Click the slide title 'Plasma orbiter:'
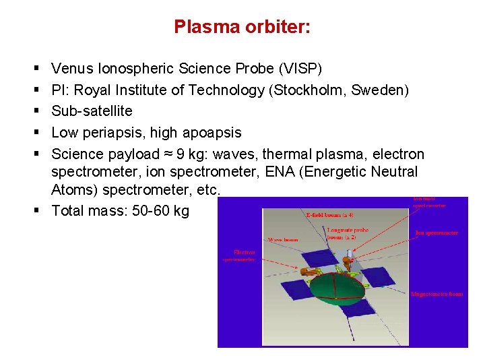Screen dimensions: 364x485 242,27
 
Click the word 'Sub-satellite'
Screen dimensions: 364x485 92,111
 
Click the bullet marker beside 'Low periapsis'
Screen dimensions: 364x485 34,133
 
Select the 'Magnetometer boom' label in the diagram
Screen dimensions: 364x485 437,294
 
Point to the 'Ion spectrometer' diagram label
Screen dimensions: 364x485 437,233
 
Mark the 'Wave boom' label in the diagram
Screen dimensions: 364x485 284,239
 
